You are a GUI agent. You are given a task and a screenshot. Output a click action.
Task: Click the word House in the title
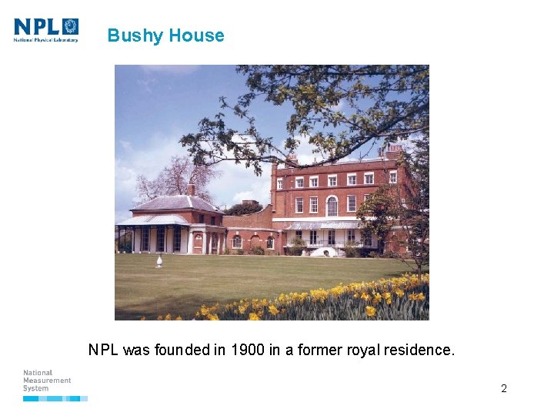coord(197,35)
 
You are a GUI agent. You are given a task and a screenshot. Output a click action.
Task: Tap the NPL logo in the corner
coord(46,29)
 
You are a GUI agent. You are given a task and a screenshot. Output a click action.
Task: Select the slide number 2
coord(504,388)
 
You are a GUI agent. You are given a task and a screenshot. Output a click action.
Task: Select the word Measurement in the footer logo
coord(47,381)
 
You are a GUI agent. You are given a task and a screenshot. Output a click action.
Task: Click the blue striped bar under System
coord(55,398)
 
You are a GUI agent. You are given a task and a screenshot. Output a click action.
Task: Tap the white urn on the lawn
coord(159,260)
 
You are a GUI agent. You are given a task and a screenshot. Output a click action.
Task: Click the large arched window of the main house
coord(332,206)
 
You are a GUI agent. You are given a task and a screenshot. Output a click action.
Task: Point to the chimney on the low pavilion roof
coord(190,190)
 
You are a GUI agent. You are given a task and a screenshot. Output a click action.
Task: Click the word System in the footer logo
coord(35,388)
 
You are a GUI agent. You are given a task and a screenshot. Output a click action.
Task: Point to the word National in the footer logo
coord(38,373)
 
